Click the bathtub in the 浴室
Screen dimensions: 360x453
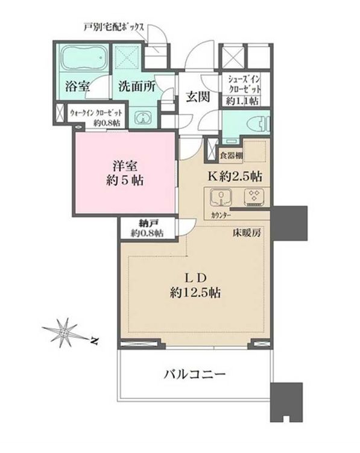point(83,57)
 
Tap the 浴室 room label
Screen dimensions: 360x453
point(77,86)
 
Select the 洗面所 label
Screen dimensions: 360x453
point(137,86)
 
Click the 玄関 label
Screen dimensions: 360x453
point(198,97)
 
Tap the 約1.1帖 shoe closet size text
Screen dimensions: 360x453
point(242,101)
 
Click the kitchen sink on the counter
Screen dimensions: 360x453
point(221,198)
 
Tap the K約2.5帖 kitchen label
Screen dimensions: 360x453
point(235,177)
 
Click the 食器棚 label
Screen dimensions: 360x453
point(231,155)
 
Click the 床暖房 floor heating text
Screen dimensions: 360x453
point(247,233)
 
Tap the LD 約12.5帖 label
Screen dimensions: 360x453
point(195,286)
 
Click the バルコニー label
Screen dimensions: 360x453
point(195,375)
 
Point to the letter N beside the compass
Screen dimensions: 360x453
point(93,341)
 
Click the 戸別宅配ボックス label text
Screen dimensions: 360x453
point(113,28)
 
